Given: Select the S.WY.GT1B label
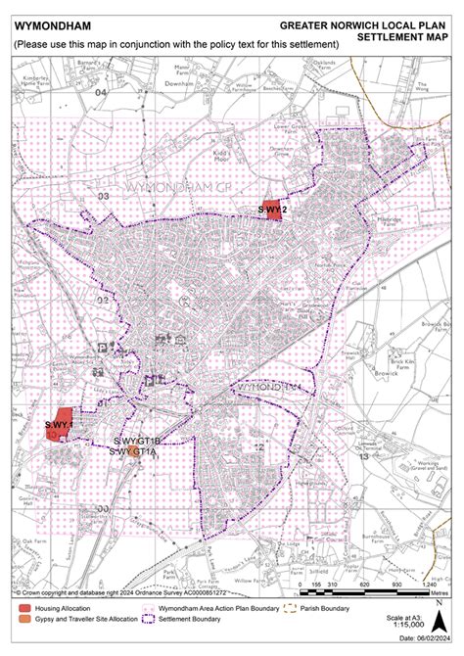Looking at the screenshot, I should click(136, 443).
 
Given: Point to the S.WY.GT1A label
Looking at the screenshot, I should click(132, 452).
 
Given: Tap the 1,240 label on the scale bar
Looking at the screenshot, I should click(429, 584).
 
